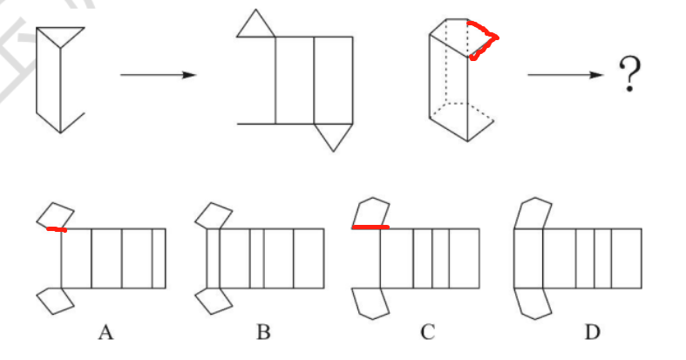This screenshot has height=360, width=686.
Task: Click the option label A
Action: click(x=106, y=331)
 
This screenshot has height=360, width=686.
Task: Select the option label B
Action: click(x=264, y=331)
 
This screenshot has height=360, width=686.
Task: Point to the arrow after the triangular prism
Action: click(x=157, y=75)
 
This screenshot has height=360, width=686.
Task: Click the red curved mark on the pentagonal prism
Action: click(x=486, y=39)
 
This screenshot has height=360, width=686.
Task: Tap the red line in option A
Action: click(x=57, y=229)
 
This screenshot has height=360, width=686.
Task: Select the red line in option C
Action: click(x=370, y=228)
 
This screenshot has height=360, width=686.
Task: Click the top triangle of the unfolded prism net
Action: click(x=255, y=24)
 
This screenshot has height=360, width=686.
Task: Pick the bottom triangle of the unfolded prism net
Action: click(x=334, y=135)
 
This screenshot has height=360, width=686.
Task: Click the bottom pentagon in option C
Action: click(x=370, y=302)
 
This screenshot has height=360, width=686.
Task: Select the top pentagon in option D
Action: click(x=531, y=214)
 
